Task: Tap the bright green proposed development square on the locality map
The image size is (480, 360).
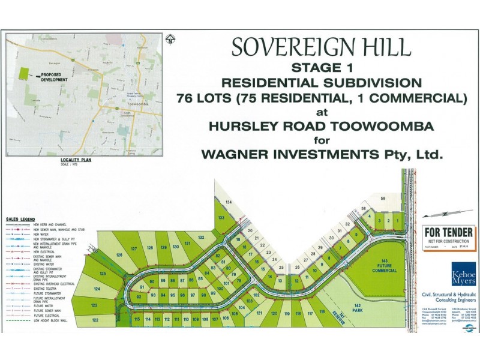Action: click(23, 74)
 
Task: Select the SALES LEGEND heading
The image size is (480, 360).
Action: click(20, 219)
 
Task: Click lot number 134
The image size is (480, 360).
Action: click(228, 202)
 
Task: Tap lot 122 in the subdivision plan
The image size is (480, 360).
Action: click(95, 320)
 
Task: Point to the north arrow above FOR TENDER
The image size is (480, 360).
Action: click(450, 213)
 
